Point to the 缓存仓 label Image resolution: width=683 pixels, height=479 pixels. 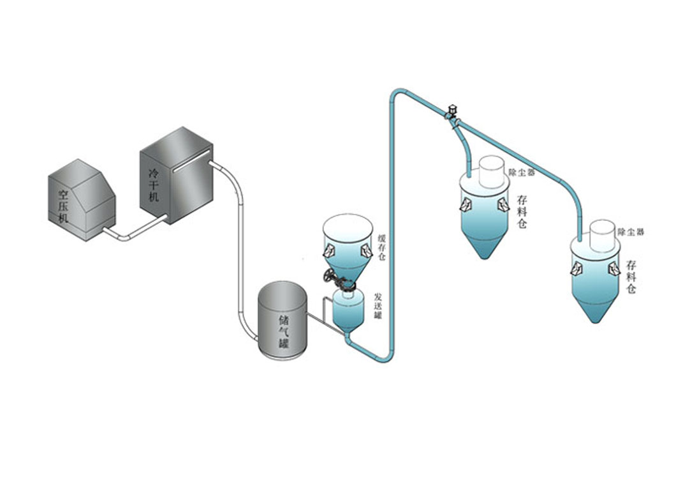tap(381, 245)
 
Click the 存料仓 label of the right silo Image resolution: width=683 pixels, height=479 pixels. tap(631, 275)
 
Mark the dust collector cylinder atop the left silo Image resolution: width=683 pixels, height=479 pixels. tap(492, 169)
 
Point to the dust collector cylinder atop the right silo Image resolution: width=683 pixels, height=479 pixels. tap(601, 234)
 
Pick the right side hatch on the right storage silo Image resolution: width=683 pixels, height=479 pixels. tap(614, 269)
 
